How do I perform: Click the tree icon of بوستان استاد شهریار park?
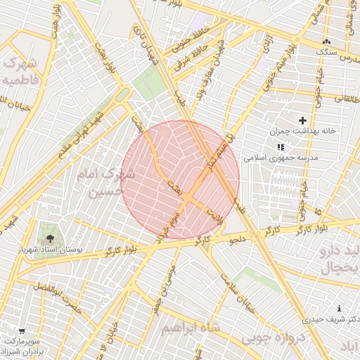[x=49, y=239]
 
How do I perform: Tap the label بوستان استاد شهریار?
[x=49, y=250]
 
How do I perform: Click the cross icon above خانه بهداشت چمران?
[x=303, y=121]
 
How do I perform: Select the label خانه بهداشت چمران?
[x=302, y=132]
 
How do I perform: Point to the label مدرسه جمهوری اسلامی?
[x=281, y=158]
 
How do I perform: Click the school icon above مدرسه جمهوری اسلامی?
[x=281, y=147]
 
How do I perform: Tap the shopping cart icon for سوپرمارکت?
[x=21, y=330]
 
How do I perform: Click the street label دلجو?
[x=238, y=240]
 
